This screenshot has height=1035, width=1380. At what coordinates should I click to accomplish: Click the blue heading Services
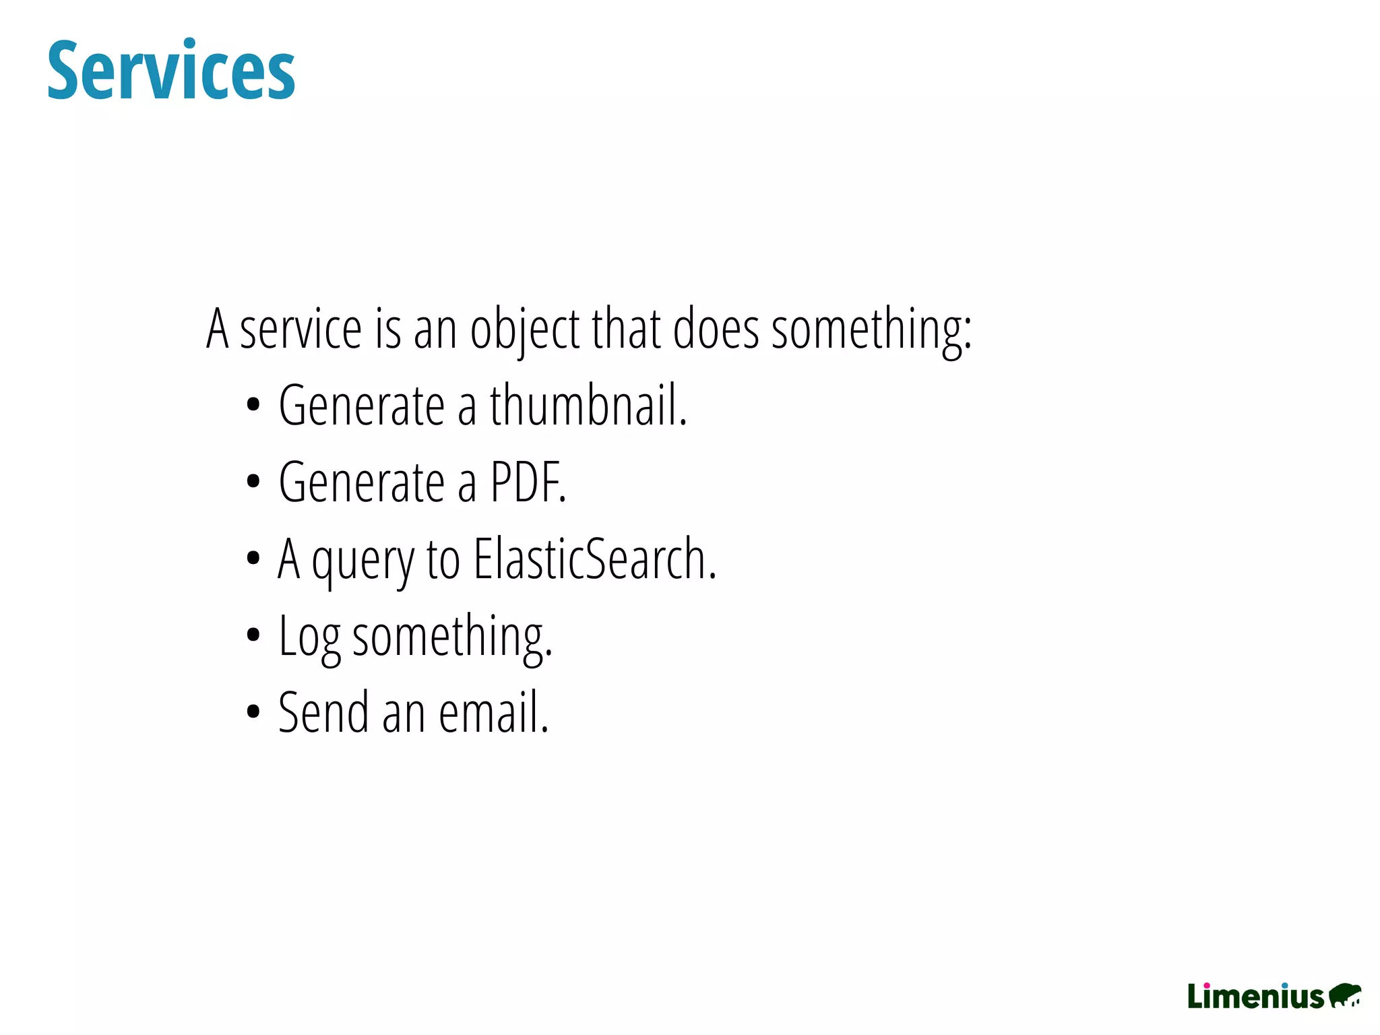pos(171,71)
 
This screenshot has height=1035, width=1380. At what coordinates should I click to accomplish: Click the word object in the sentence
pos(525,330)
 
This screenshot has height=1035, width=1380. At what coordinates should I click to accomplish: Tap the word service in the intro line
pos(301,330)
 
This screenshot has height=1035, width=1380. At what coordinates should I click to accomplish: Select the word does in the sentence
pos(716,330)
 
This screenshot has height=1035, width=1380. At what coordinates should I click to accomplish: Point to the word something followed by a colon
pos(871,330)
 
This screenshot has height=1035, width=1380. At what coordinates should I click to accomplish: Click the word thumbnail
pos(587,406)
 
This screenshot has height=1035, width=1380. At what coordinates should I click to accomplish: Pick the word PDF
pos(528,482)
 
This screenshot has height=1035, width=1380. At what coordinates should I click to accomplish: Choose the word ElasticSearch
pos(594,559)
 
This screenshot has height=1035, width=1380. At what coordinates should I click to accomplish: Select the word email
pos(493,713)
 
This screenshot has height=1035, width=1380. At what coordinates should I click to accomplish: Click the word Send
pos(323,713)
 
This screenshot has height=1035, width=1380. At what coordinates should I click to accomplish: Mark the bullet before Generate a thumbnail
pos(253,406)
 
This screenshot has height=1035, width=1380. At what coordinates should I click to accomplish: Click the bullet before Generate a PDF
pos(253,482)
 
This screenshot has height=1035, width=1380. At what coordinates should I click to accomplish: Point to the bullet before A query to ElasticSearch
pos(253,559)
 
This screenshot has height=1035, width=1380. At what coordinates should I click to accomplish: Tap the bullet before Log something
pos(253,635)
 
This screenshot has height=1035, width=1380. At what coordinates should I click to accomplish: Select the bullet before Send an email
pos(253,712)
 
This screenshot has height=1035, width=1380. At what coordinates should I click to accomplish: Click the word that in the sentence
pos(627,330)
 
